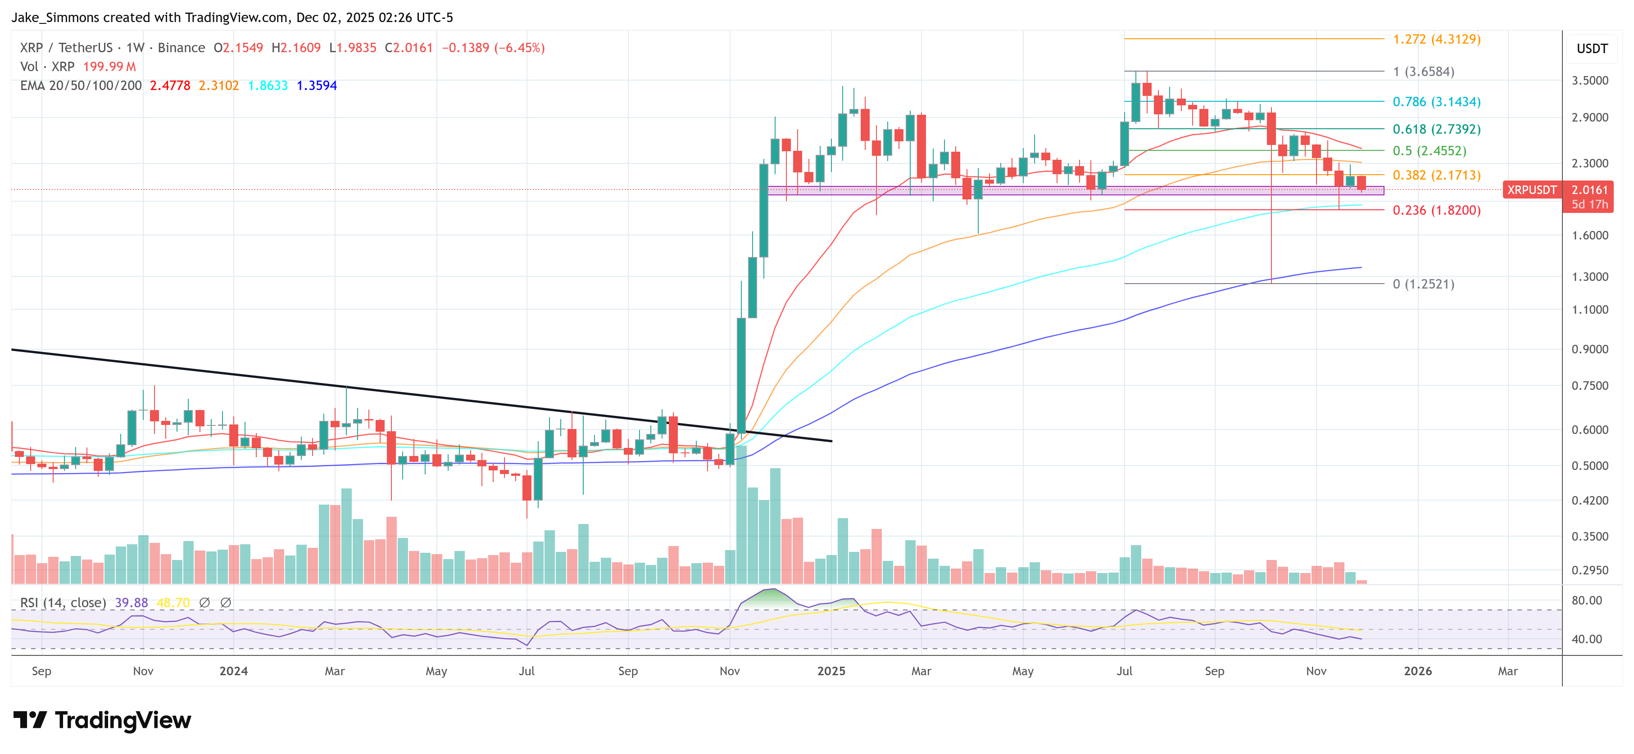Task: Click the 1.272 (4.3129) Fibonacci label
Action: click(x=1436, y=39)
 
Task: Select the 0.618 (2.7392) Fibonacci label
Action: click(x=1436, y=129)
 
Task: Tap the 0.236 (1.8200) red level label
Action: click(x=1436, y=211)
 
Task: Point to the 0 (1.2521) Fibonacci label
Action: click(x=1423, y=284)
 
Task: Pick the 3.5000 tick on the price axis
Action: click(x=1589, y=81)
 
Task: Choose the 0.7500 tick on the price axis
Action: click(x=1589, y=386)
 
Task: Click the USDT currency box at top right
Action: click(x=1592, y=49)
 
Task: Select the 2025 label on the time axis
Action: click(x=831, y=671)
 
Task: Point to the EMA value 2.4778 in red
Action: click(x=170, y=86)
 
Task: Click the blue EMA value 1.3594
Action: click(x=317, y=86)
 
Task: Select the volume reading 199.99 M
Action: click(x=109, y=67)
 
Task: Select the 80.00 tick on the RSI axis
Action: click(x=1586, y=600)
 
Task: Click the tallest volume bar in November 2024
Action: click(x=741, y=514)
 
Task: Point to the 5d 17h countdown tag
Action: click(x=1589, y=204)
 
